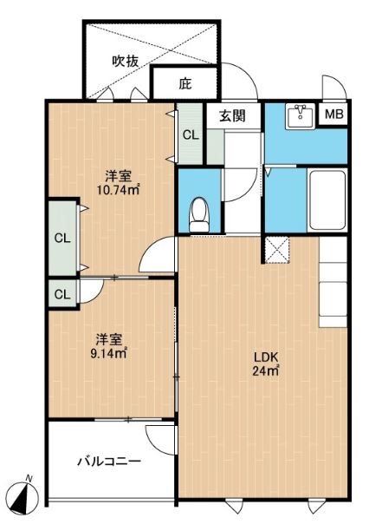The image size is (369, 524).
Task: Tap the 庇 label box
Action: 184,84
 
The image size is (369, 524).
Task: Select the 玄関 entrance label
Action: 232,115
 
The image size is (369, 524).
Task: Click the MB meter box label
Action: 333,115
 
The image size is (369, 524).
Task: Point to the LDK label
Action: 265,357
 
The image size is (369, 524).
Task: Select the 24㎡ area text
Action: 265,371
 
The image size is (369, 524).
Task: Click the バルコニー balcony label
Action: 108,461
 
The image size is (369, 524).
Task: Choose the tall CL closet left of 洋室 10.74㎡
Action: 61,237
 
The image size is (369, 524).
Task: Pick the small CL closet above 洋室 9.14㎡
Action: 61,293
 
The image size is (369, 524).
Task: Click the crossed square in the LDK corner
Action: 277,250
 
